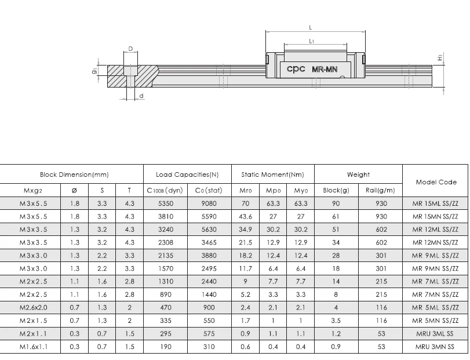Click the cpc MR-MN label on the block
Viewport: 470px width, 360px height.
pos(312,69)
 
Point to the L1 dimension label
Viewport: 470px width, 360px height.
pos(312,41)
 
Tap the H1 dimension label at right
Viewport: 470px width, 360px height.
pos(440,58)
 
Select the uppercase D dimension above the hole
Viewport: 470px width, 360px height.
pos(130,49)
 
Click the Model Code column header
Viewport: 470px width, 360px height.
pos(435,181)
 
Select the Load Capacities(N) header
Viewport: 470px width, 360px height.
pos(187,174)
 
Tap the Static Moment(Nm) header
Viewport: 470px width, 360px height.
pos(272,174)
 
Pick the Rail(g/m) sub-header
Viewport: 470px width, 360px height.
pos(381,190)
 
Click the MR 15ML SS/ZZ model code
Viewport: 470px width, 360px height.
pos(435,203)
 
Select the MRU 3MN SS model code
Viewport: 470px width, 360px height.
pos(435,347)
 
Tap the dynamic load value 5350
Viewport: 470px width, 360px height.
pos(165,203)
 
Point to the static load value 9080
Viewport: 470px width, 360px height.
pos(209,203)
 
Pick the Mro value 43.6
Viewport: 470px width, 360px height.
pos(245,216)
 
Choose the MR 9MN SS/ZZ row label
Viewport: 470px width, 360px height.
pos(435,268)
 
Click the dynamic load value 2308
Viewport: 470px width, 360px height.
pos(165,242)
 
